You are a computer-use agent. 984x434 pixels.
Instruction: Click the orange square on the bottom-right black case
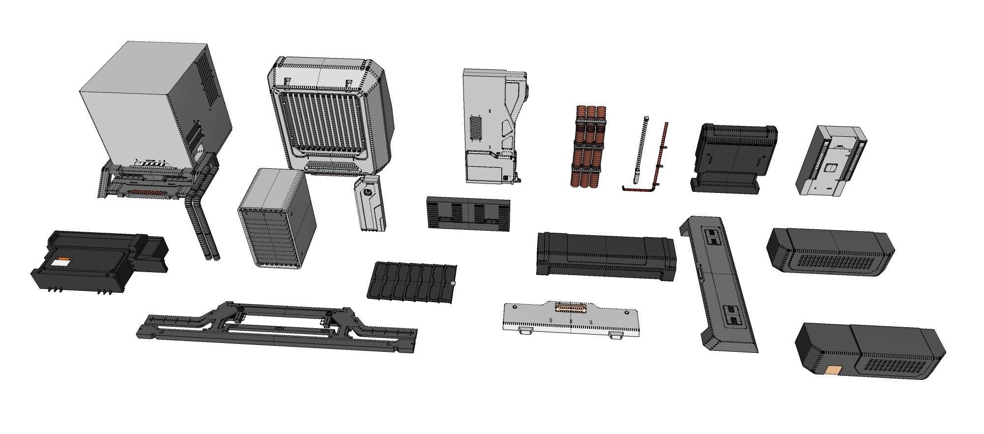pyautogui.click(x=834, y=370)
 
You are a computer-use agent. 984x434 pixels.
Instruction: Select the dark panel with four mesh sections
pyautogui.click(x=467, y=213)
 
